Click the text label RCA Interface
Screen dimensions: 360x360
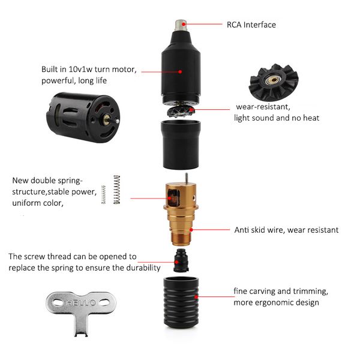251,25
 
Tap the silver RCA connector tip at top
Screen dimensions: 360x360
181,26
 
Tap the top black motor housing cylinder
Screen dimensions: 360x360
181,69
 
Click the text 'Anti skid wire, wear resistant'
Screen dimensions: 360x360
286,230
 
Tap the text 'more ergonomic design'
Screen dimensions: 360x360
276,302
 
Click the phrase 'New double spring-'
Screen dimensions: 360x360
48,181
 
